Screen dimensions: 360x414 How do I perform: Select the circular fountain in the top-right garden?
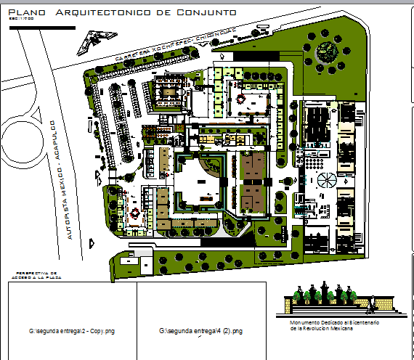[x=326, y=52]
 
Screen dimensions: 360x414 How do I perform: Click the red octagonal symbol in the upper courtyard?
[x=241, y=95]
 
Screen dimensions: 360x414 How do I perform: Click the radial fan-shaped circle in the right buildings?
[x=325, y=182]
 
